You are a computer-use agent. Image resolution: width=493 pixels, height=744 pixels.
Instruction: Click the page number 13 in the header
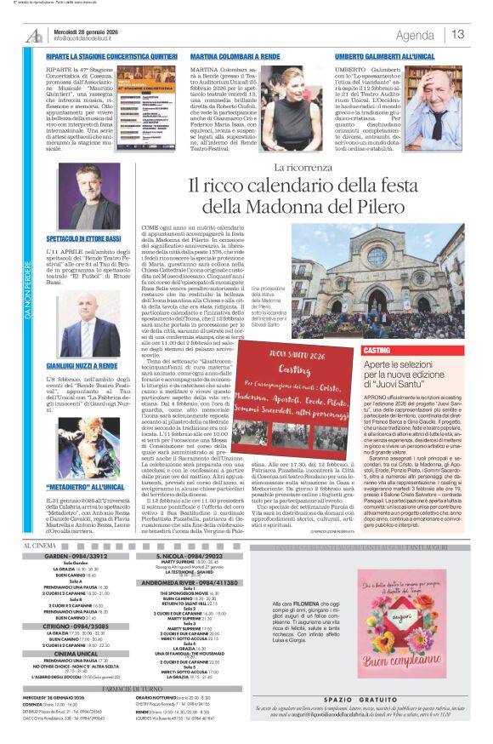458,34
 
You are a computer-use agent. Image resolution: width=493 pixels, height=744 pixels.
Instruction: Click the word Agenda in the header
415,35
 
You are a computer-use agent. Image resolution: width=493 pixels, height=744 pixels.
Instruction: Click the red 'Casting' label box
377,351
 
